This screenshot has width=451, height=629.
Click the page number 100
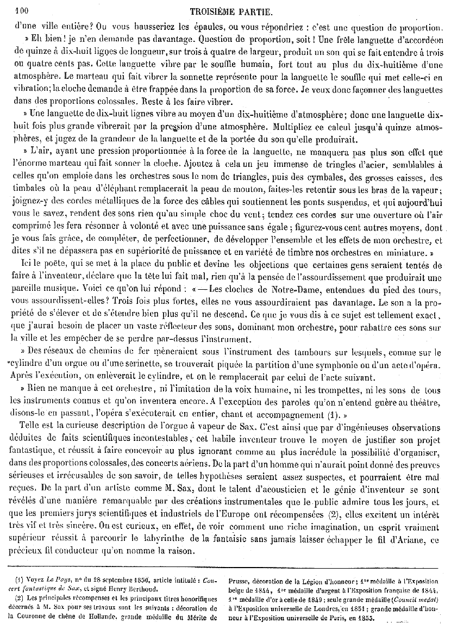click(x=21, y=9)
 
